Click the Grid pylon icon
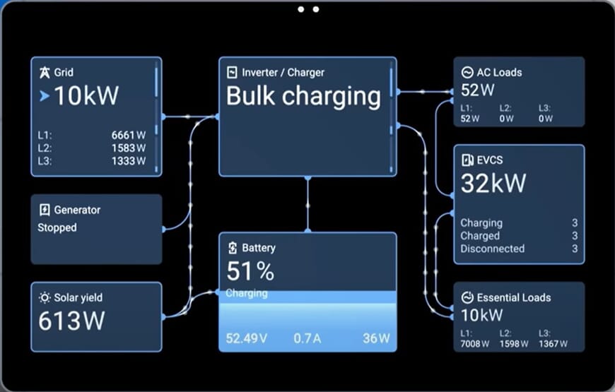pyautogui.click(x=45, y=72)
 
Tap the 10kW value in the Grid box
pyautogui.click(x=86, y=95)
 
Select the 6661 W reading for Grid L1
pyautogui.click(x=128, y=134)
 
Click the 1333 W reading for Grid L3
pyautogui.click(x=128, y=161)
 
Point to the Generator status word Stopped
pyautogui.click(x=57, y=227)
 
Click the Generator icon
pyautogui.click(x=45, y=210)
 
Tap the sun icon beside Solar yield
pyautogui.click(x=45, y=297)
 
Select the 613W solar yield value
pyautogui.click(x=71, y=321)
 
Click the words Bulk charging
pyautogui.click(x=303, y=96)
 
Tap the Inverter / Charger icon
pyautogui.click(x=231, y=72)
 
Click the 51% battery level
pyautogui.click(x=250, y=271)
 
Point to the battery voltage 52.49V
pyautogui.click(x=247, y=338)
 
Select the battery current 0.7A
pyautogui.click(x=307, y=338)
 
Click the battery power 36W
pyautogui.click(x=375, y=338)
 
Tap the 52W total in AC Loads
pyautogui.click(x=477, y=90)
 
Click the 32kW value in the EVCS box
pyautogui.click(x=493, y=184)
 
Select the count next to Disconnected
pyautogui.click(x=575, y=249)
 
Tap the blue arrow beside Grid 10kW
pyautogui.click(x=45, y=96)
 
